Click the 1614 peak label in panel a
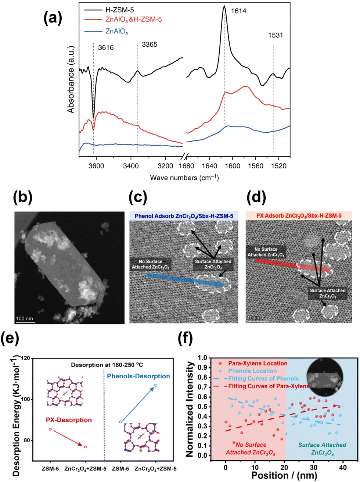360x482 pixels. pyautogui.click(x=238, y=11)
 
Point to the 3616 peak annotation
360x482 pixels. pyautogui.click(x=106, y=48)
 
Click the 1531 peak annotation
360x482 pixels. pyautogui.click(x=276, y=35)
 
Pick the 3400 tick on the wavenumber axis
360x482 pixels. pyautogui.click(x=131, y=166)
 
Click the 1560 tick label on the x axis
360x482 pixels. pyautogui.click(x=256, y=166)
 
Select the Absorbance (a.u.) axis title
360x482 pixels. pyautogui.click(x=71, y=79)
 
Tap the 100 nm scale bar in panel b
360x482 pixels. pyautogui.click(x=25, y=319)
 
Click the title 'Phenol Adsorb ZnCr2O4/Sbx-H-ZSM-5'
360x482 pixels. pyautogui.click(x=184, y=216)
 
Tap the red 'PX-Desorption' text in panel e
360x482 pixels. pyautogui.click(x=69, y=420)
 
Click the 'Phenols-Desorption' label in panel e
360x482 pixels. pyautogui.click(x=138, y=376)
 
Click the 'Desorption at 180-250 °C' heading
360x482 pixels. pyautogui.click(x=107, y=365)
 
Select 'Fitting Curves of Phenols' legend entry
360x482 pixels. pyautogui.click(x=263, y=379)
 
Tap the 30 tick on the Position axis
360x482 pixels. pyautogui.click(x=313, y=467)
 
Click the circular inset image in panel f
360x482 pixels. pyautogui.click(x=325, y=377)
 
